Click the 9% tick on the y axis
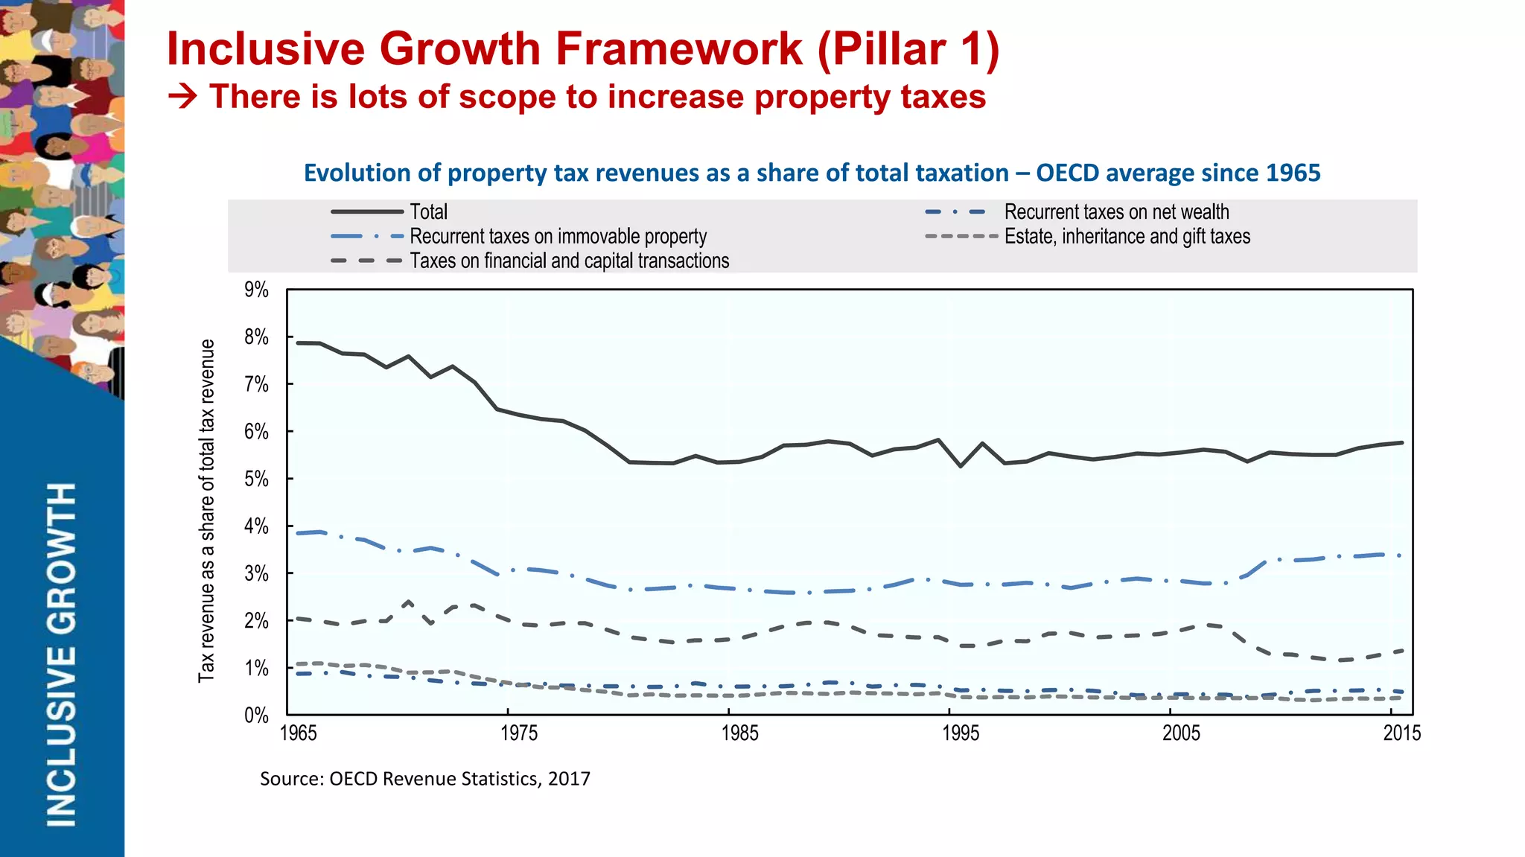pos(256,290)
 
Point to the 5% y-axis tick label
pos(256,479)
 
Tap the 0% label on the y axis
pos(256,716)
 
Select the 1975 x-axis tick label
pos(518,733)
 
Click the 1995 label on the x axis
pos(961,733)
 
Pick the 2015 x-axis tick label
pos(1401,733)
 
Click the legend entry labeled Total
pos(428,212)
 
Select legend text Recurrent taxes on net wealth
pos(1116,212)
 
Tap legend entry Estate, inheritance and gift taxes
pos(1127,237)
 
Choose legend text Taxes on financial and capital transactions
pos(569,261)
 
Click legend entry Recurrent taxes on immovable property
pos(558,237)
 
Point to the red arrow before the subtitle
pos(182,97)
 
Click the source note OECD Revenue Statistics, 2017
pos(424,779)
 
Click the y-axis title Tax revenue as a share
pos(206,511)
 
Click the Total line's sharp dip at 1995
pos(961,466)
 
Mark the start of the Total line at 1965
pos(297,343)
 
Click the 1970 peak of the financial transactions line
pos(409,602)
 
